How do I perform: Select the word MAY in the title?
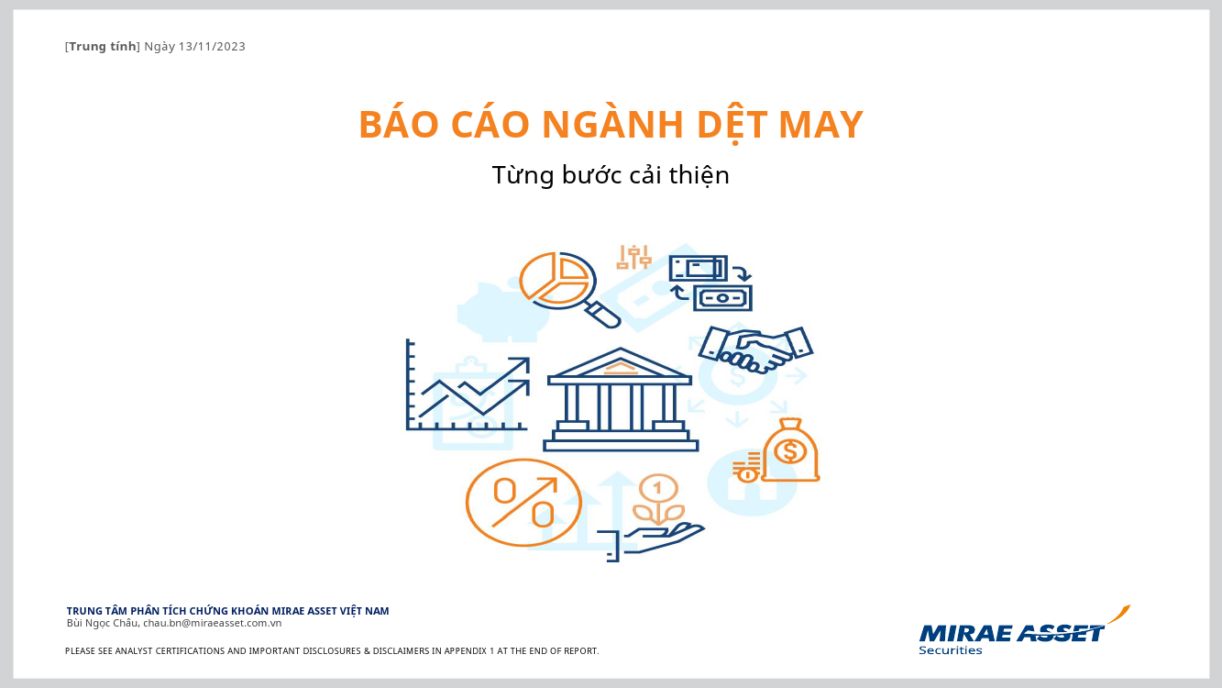[820, 125]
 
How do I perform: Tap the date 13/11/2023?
[212, 47]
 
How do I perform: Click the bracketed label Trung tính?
[103, 47]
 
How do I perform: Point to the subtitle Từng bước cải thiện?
[611, 174]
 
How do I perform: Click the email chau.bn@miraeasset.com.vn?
[212, 623]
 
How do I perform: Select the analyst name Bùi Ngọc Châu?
[103, 623]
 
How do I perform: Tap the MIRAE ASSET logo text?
[1011, 633]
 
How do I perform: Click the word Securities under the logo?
[951, 650]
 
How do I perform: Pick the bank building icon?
[621, 400]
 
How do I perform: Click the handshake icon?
[756, 350]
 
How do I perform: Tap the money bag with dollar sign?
[790, 449]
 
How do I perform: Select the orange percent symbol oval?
[523, 503]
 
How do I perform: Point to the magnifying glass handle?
[603, 315]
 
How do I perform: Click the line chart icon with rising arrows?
[468, 385]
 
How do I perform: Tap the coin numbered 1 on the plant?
[657, 489]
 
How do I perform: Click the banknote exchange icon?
[710, 283]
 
